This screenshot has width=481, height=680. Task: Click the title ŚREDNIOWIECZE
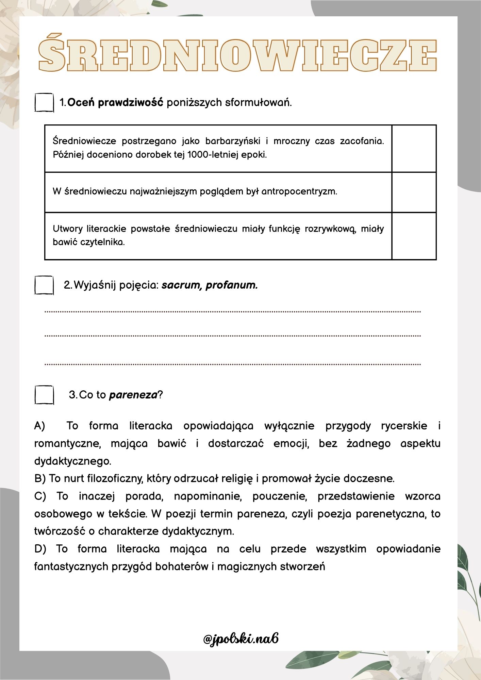coord(237,53)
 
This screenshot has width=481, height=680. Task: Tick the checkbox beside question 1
coord(44,102)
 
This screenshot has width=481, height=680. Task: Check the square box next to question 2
coord(44,285)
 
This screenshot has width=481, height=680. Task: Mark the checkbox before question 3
coord(44,395)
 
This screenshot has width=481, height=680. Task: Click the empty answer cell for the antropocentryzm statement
coord(414,192)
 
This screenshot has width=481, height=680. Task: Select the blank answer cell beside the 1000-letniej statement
coord(414,148)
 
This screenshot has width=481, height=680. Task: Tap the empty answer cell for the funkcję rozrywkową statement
coord(414,236)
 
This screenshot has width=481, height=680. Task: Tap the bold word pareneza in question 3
coord(133,395)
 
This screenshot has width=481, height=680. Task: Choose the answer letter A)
coord(40,426)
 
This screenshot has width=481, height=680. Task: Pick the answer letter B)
coord(40,479)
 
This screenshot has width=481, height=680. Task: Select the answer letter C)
coord(40,496)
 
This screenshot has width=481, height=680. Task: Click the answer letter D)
coord(40,549)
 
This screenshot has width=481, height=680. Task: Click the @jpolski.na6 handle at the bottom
coord(241,639)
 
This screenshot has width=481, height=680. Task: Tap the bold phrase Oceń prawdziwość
coord(115,102)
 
